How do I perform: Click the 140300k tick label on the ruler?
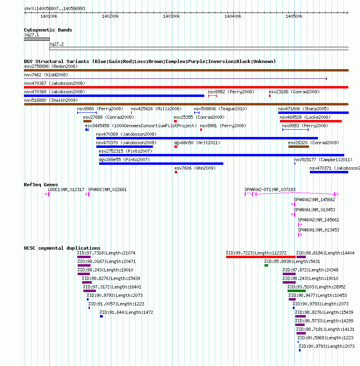172,16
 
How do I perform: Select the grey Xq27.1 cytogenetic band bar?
37,39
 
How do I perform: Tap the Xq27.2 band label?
56,44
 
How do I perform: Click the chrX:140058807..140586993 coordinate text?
55,8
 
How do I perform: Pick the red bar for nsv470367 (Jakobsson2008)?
186,87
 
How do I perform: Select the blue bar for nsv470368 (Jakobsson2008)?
114,96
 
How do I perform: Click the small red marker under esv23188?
270,96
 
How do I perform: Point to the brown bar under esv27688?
87,121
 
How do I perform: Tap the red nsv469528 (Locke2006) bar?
311,121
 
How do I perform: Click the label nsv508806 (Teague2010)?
220,109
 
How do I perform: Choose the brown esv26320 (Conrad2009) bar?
299,147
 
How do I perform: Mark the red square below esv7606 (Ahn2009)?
176,172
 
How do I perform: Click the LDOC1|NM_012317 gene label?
66,189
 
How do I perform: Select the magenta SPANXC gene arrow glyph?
87,194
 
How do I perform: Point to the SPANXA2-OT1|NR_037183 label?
270,189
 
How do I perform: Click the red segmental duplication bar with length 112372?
261,257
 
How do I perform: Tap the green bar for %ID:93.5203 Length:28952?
296,291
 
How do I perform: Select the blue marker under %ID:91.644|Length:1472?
101,316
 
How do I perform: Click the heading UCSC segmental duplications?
62,248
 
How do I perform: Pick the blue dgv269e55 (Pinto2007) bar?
161,164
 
